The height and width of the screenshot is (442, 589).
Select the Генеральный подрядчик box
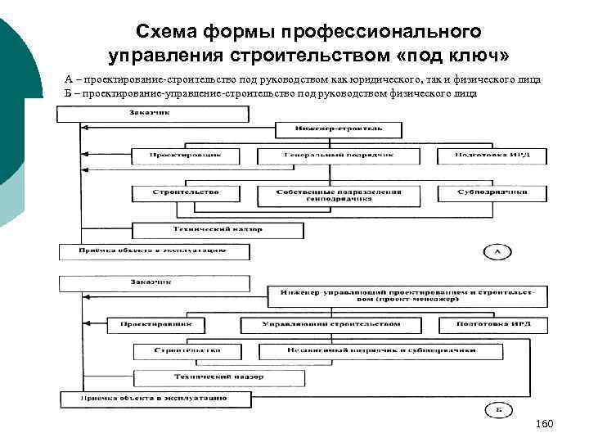point(338,156)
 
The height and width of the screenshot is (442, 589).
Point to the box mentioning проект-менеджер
point(406,295)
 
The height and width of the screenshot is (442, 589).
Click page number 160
point(544,424)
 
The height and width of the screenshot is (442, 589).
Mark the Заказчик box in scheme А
point(152,115)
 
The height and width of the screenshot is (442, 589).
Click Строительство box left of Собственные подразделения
point(186,192)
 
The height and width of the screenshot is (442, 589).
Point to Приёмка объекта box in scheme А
point(153,250)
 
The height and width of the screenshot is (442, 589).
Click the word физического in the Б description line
point(409,94)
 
